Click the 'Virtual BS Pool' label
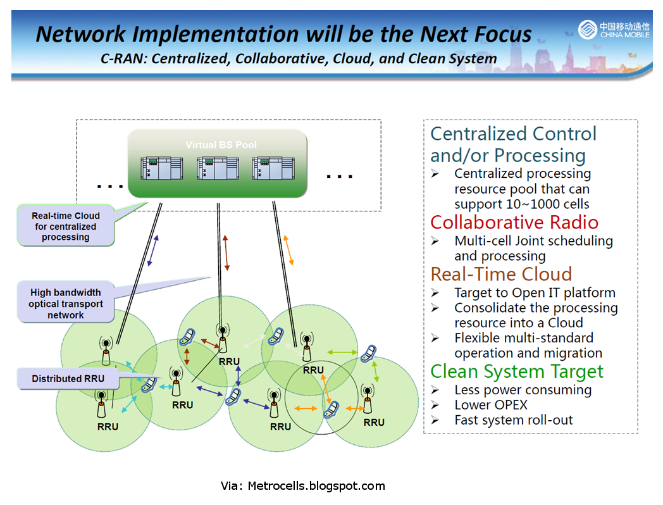click(221, 145)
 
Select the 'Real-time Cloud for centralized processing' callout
click(66, 227)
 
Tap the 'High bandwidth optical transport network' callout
click(65, 304)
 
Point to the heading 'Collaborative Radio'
click(514, 222)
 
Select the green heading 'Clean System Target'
click(517, 371)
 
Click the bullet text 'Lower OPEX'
click(490, 405)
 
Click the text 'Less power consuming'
click(523, 390)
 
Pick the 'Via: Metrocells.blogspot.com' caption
click(302, 486)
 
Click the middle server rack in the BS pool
click(218, 170)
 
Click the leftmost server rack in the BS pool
click(162, 170)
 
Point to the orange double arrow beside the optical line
click(288, 250)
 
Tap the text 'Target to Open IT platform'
click(535, 292)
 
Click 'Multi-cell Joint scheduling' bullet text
click(533, 240)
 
